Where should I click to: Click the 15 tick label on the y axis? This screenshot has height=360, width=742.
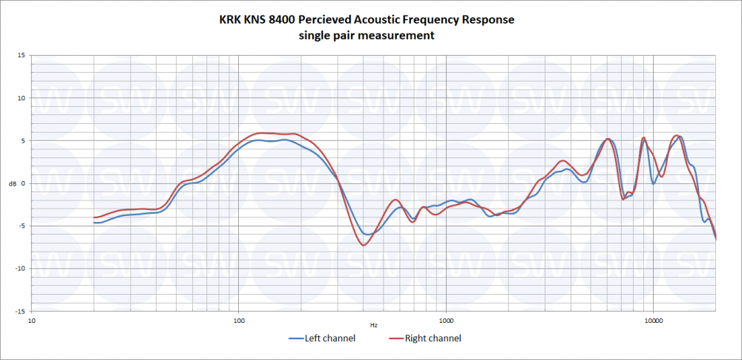pos(22,56)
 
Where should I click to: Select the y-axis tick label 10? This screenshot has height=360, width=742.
pos(22,98)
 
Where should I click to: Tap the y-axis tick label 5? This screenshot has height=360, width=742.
pos(23,141)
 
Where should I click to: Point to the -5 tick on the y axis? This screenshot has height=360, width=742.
pos(22,226)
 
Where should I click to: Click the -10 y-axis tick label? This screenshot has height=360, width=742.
pos(21,269)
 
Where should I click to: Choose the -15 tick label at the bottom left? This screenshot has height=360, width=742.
pos(21,312)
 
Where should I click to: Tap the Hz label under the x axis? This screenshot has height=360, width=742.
pos(374,326)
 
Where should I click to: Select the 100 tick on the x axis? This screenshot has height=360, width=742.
pos(238,321)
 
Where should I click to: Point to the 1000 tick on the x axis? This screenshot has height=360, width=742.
pos(446,321)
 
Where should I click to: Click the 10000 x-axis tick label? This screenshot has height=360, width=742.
pos(653,321)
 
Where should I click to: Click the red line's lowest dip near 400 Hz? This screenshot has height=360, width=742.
pos(364,245)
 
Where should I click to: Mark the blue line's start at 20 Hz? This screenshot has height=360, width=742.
pos(94,223)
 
